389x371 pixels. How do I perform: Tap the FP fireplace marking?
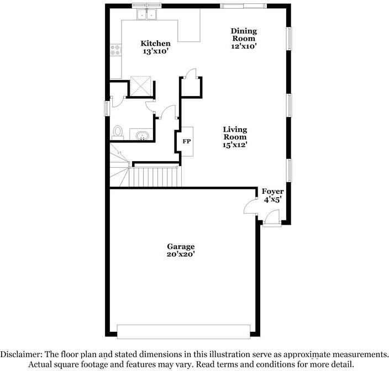[x=187, y=141]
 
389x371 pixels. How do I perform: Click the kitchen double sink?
[x=146, y=14]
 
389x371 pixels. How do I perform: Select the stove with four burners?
[x=115, y=50]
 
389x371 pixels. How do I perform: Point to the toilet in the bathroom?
[x=118, y=132]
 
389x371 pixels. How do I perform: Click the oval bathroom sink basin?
[x=143, y=136]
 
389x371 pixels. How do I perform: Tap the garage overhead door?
[x=183, y=332]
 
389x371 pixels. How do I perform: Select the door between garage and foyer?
[x=250, y=206]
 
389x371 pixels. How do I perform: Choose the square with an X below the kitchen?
[x=140, y=86]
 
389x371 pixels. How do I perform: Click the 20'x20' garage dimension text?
[x=181, y=255]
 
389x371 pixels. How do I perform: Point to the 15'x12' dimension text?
[x=235, y=145]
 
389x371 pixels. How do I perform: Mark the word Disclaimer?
[x=21, y=354]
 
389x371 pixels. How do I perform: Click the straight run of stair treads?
[x=155, y=177]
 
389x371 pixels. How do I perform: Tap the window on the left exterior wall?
[x=107, y=108]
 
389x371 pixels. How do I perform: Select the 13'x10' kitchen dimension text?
[x=156, y=51]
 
